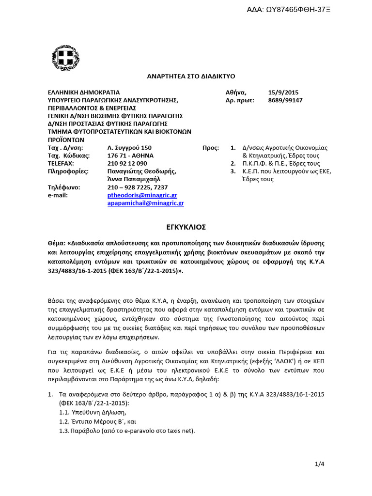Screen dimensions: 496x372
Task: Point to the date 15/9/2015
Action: pyautogui.click(x=283, y=92)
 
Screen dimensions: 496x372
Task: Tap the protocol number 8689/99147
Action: pyautogui.click(x=285, y=100)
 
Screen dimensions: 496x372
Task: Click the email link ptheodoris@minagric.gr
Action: pyautogui.click(x=142, y=195)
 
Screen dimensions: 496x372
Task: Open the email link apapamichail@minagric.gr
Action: pyautogui.click(x=145, y=203)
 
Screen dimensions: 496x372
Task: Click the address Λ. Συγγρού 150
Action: pyautogui.click(x=129, y=148)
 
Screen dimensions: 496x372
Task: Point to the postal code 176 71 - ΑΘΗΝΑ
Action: pyautogui.click(x=130, y=155)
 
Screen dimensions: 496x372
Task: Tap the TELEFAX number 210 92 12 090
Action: pyautogui.click(x=127, y=163)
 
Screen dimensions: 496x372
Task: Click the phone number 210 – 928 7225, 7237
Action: pyautogui.click(x=137, y=187)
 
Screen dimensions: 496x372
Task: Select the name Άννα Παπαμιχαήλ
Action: pyautogui.click(x=133, y=179)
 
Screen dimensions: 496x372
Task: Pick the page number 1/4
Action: pyautogui.click(x=319, y=464)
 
